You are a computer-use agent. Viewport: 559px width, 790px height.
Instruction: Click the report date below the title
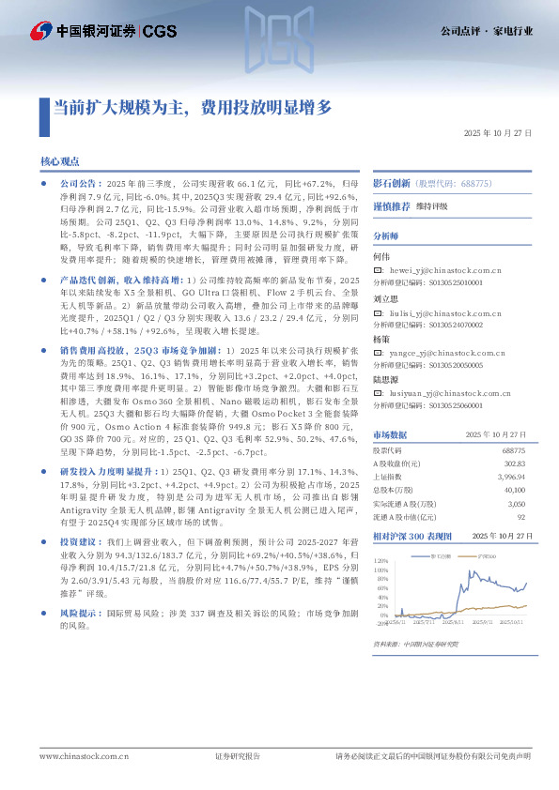click(x=497, y=134)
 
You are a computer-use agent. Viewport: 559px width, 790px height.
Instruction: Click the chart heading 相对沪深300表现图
click(x=411, y=536)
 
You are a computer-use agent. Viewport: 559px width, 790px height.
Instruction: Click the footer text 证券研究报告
click(x=238, y=756)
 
